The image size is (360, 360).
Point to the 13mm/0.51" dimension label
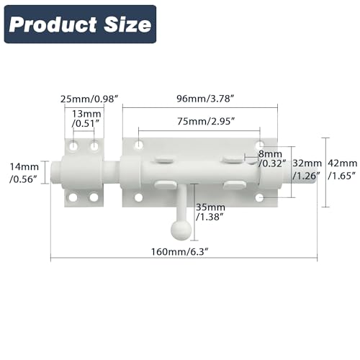click(x=85, y=118)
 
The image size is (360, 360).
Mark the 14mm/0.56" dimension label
click(x=22, y=174)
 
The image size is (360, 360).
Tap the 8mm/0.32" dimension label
click(x=271, y=158)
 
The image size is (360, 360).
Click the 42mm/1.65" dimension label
click(x=342, y=168)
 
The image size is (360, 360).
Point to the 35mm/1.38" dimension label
click(x=210, y=212)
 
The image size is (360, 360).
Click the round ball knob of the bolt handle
click(x=180, y=228)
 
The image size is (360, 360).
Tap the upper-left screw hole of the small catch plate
click(x=73, y=146)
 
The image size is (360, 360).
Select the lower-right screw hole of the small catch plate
click(x=94, y=197)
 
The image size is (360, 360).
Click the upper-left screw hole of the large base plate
click(x=138, y=146)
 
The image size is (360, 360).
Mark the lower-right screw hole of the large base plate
click(x=259, y=197)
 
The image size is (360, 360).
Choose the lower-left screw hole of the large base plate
click(x=138, y=197)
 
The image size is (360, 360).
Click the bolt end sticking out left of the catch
click(x=55, y=174)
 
